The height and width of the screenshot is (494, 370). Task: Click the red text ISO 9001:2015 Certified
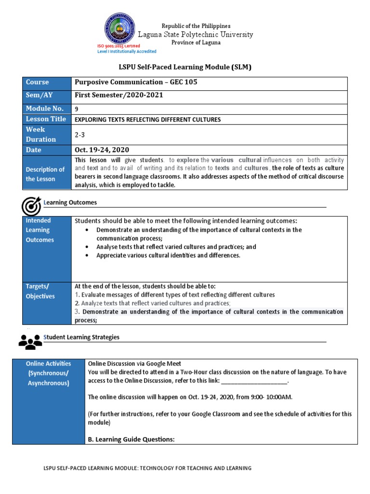[x=119, y=46]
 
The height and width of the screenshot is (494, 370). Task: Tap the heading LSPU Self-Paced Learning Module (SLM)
[x=185, y=67]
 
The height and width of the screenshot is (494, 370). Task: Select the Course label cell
[x=47, y=82]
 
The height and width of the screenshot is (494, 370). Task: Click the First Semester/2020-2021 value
[x=119, y=95]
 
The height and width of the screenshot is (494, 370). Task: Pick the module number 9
[x=77, y=109]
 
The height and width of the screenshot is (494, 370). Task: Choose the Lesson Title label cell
[x=47, y=119]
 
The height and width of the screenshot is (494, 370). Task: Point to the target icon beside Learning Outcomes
[x=31, y=206]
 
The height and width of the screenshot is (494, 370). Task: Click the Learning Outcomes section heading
[x=70, y=203]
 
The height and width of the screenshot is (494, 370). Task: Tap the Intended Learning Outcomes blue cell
[x=47, y=230]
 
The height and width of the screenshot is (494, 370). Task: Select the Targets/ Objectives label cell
[x=47, y=291]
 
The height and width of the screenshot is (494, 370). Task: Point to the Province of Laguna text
[x=196, y=42]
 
